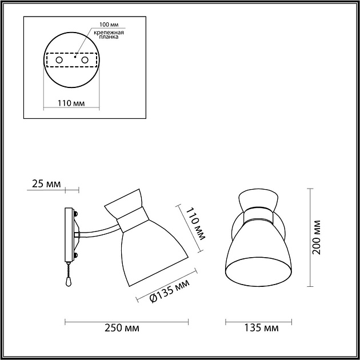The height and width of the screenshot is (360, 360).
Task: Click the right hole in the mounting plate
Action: click(x=85, y=59)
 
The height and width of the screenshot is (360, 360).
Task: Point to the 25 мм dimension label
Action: click(x=46, y=184)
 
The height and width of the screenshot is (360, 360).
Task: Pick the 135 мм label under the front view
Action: click(x=262, y=328)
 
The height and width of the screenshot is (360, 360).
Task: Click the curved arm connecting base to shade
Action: click(x=97, y=230)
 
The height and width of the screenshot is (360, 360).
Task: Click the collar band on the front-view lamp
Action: click(x=261, y=216)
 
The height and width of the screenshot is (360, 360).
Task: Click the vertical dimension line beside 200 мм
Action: click(x=310, y=237)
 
